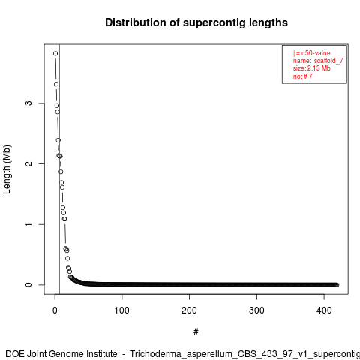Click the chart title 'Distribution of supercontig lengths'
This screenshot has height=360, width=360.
[196, 22]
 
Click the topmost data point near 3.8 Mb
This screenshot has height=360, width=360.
[55, 53]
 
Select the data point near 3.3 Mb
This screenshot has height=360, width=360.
[56, 84]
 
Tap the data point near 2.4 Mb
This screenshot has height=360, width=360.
[58, 140]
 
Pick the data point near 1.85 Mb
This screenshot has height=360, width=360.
[61, 172]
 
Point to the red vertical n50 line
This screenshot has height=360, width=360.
[59, 169]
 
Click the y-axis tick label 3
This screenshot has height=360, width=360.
[28, 103]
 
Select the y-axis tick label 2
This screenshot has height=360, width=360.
[28, 163]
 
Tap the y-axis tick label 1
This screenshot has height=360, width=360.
[28, 224]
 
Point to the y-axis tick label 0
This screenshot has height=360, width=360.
[28, 285]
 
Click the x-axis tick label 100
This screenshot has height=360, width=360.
[122, 310]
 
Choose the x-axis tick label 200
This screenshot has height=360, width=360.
[189, 310]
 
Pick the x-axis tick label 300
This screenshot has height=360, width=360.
[256, 310]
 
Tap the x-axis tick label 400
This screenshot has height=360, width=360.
[324, 310]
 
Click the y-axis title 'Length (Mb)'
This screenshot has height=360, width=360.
[7, 169]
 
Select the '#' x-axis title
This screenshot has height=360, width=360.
[196, 332]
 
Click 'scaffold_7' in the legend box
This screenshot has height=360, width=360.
[328, 61]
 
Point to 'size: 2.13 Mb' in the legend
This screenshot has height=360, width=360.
[312, 68]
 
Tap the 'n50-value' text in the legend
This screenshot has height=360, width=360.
[316, 53]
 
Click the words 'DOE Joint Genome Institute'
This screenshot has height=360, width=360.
[61, 354]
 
